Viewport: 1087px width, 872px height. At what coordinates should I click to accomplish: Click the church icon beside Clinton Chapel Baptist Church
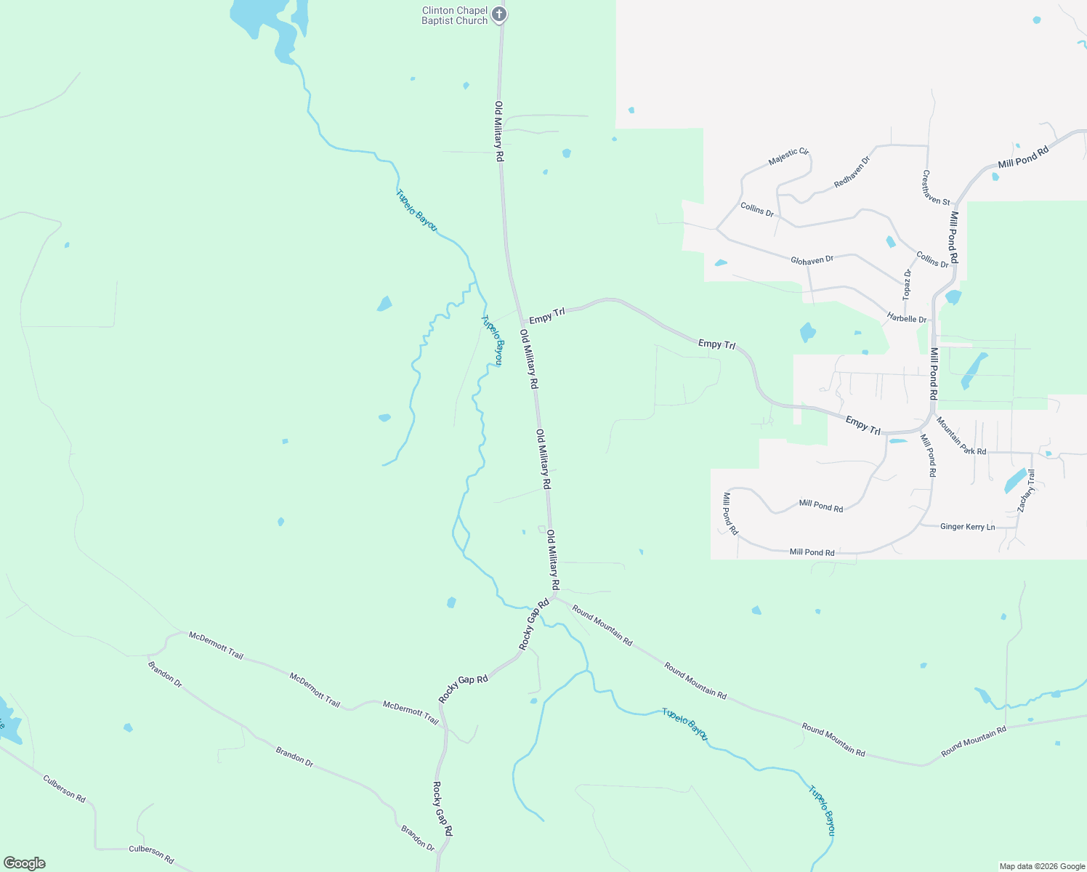coord(498,14)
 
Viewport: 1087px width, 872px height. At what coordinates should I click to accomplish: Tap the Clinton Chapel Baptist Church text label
coord(455,16)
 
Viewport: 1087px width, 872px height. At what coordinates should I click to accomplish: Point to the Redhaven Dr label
coord(852,172)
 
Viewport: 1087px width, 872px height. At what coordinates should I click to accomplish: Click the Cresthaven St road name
coord(936,187)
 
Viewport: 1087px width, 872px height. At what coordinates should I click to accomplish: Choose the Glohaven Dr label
coord(812,259)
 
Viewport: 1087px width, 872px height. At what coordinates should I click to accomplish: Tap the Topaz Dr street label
coord(907,284)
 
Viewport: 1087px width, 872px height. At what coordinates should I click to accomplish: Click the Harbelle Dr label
coord(907,318)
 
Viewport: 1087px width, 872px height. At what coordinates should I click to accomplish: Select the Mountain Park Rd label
coord(961,436)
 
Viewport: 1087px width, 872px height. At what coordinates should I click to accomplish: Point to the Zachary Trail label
coord(1027,490)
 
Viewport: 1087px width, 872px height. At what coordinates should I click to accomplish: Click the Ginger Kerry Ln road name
coord(967,527)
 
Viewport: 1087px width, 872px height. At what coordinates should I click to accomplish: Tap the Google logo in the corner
coord(24,863)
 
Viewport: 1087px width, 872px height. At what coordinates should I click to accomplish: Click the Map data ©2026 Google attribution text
coord(1042,866)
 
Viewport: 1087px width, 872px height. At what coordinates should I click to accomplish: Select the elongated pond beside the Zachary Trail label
coord(1014,481)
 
